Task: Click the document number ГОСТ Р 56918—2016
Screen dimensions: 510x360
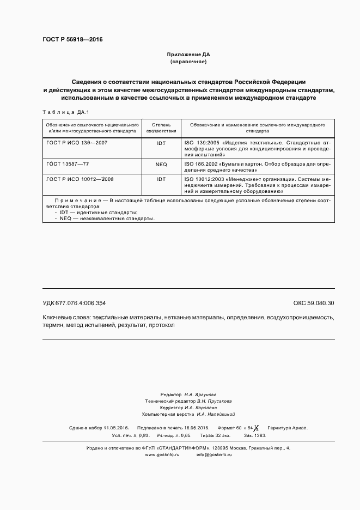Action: coord(72,40)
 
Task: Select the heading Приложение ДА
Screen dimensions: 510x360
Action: coord(188,55)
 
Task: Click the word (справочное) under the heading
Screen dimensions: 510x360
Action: coord(188,62)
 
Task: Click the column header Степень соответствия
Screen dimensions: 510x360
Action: coord(161,128)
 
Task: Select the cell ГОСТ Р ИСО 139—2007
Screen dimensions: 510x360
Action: coord(73,143)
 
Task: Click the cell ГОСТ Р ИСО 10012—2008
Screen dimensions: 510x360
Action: coord(76,179)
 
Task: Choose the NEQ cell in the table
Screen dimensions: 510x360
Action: coord(161,164)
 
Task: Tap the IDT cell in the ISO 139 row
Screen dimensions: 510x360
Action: coord(161,143)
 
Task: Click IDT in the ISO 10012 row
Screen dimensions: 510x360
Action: coord(161,179)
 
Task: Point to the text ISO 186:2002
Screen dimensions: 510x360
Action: coord(201,164)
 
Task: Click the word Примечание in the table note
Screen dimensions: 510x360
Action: coord(78,201)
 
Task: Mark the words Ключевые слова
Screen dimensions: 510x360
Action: coord(66,317)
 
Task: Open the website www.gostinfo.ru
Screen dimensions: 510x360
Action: coord(162,454)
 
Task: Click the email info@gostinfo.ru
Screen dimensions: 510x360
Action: coord(214,454)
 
